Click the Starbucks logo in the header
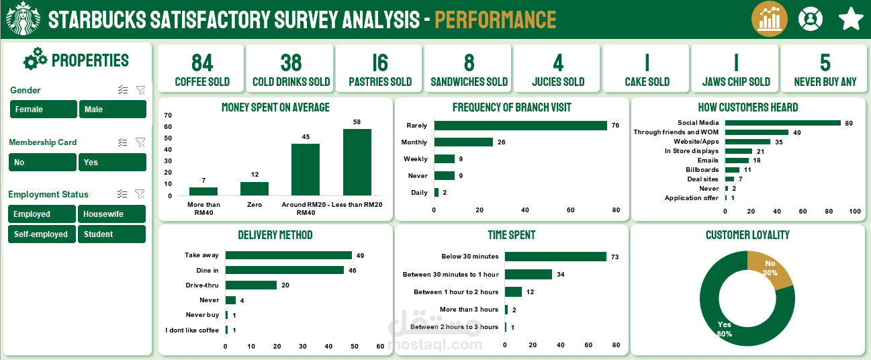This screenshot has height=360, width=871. click(x=24, y=19)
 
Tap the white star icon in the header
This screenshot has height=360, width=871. click(x=851, y=19)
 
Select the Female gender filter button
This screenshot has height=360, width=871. click(x=44, y=109)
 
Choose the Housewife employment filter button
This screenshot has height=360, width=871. click(x=112, y=214)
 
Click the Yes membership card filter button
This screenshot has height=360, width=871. click(x=112, y=163)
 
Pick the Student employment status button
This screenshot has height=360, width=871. click(x=112, y=234)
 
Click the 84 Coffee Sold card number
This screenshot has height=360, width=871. click(x=202, y=63)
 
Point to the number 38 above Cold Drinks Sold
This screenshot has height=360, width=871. click(x=291, y=63)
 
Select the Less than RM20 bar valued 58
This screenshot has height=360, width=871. click(x=357, y=162)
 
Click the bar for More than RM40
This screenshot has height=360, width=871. click(x=203, y=191)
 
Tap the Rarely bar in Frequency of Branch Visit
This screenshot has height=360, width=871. click(x=520, y=126)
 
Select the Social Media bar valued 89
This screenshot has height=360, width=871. click(x=782, y=123)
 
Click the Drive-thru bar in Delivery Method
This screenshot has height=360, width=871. click(x=251, y=285)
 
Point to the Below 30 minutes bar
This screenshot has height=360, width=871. click(x=555, y=257)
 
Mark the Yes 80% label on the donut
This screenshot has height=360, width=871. click(x=724, y=329)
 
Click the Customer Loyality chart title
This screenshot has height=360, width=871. click(x=747, y=235)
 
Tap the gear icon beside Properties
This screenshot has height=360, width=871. click(x=35, y=60)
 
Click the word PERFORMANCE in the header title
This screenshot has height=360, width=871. click(x=495, y=20)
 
